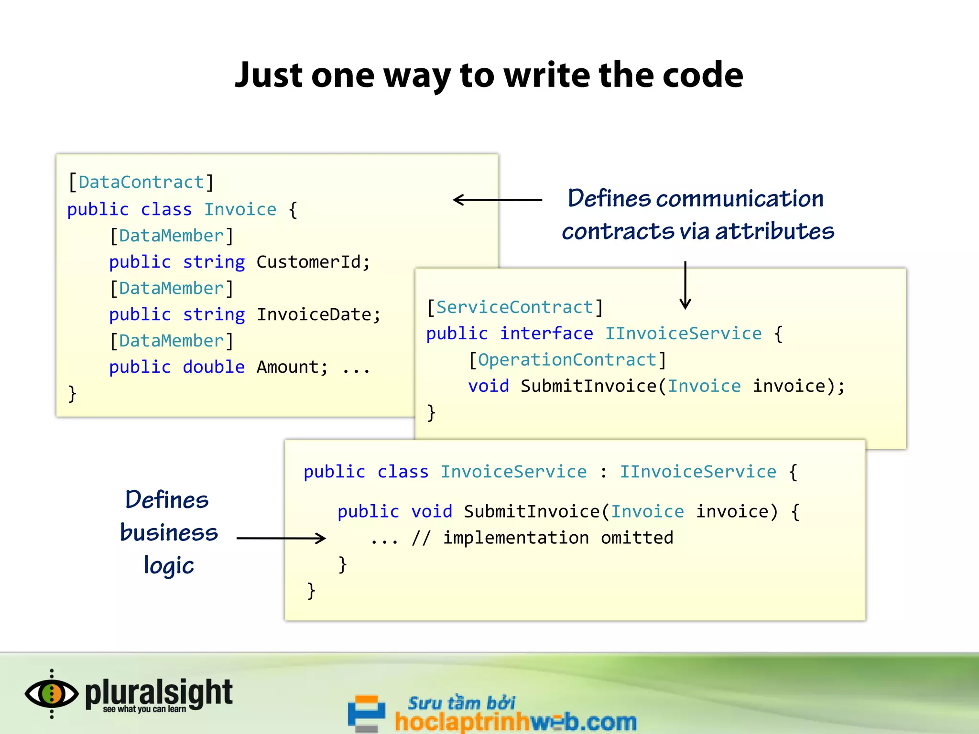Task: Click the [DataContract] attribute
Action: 141,182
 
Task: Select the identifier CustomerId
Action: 309,262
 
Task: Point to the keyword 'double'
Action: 214,367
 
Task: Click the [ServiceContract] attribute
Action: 514,307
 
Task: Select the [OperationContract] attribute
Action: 567,360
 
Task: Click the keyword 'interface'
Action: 546,334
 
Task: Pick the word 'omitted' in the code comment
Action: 637,538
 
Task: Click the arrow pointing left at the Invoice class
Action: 497,200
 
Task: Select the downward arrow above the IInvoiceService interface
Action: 685,285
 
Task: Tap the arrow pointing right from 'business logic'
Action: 281,538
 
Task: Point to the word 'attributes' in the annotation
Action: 774,231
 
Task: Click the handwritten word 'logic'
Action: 169,566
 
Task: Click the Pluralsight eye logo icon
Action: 52,694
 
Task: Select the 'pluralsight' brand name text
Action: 159,692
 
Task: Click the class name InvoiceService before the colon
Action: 513,472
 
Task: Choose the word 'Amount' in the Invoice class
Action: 287,367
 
